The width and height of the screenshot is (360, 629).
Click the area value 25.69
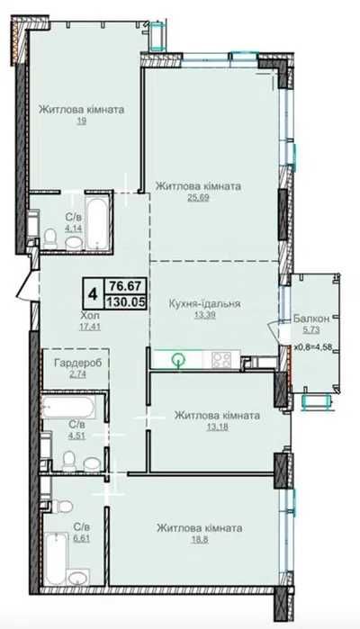(x=198, y=197)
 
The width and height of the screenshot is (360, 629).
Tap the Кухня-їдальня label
(x=204, y=303)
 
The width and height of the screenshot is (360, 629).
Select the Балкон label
(x=311, y=319)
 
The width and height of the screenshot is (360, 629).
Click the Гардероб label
(x=77, y=363)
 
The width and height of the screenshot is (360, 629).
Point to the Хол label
(x=89, y=315)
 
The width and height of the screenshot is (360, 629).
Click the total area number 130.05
(x=125, y=301)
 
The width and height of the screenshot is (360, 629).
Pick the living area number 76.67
(x=125, y=286)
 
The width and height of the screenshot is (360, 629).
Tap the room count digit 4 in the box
(x=93, y=294)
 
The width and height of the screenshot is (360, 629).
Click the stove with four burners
(x=221, y=359)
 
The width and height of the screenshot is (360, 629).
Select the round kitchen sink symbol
(x=177, y=360)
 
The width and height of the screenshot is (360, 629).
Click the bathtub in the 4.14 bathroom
(x=97, y=222)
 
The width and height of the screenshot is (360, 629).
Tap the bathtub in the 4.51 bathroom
(x=68, y=408)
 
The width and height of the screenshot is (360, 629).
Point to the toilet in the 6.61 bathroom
(x=63, y=506)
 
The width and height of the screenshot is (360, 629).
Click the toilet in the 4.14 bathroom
(x=51, y=238)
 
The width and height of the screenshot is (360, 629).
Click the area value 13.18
(x=217, y=427)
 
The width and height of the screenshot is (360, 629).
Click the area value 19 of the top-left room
(x=82, y=121)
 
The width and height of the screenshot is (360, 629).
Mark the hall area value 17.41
(x=90, y=327)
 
